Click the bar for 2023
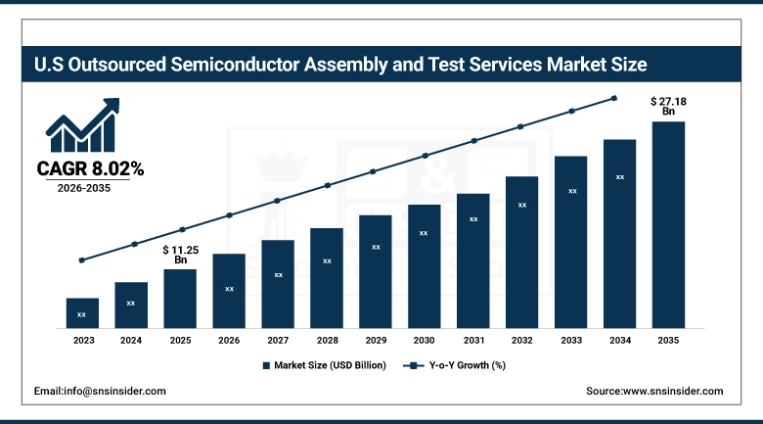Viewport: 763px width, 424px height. point(82,312)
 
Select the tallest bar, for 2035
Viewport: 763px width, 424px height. point(668,224)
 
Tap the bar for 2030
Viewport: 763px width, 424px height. point(424,265)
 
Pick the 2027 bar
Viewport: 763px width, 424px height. point(278,283)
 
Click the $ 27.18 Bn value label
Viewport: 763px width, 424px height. point(668,106)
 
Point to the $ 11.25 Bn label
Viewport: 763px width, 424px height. point(180,255)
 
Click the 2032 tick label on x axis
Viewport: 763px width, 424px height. point(521,340)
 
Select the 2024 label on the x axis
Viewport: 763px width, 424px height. point(131,340)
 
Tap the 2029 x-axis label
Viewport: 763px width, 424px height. point(375,340)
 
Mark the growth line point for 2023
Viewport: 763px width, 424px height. point(82,260)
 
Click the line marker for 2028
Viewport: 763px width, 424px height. point(327,186)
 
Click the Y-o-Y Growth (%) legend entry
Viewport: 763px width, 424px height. point(455,365)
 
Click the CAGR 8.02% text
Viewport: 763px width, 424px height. point(90,169)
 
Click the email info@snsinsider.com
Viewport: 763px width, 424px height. point(100,391)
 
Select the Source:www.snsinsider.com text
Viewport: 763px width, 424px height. point(654,391)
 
